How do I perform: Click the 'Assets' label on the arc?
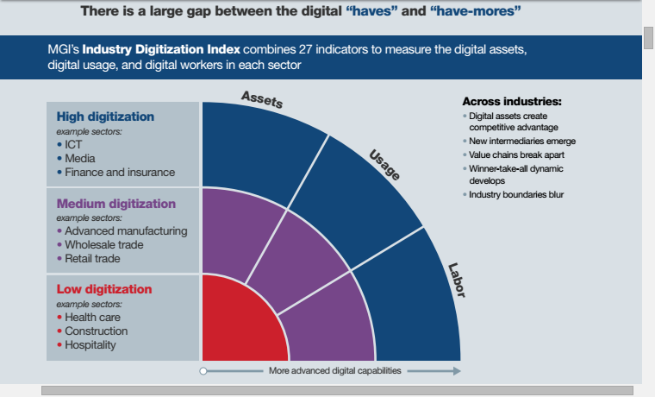[x=262, y=98]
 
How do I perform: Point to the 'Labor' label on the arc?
[x=456, y=280]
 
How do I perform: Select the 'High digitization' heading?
[x=105, y=117]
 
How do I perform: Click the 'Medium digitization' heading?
[x=115, y=204]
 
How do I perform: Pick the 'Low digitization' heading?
[x=103, y=289]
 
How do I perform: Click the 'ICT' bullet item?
[x=73, y=145]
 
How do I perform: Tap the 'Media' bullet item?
[x=79, y=159]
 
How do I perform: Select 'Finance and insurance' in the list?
[x=119, y=173]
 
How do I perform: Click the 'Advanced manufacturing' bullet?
[x=125, y=231]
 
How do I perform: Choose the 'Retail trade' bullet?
[x=92, y=259]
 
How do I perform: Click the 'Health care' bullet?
[x=92, y=318]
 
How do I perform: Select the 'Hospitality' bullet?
[x=90, y=345]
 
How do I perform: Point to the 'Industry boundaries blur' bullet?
[x=515, y=195]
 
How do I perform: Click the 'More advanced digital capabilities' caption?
[x=334, y=371]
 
